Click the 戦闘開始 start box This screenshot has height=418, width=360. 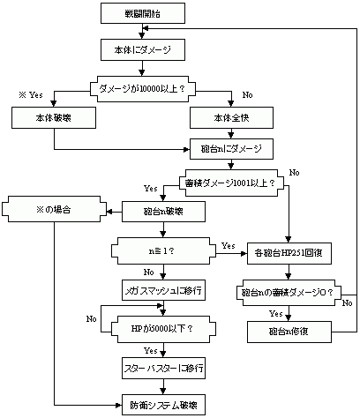[x=143, y=13]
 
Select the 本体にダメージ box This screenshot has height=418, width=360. [x=143, y=49]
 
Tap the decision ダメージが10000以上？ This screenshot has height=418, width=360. [x=143, y=89]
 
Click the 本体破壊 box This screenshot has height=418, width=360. [x=54, y=117]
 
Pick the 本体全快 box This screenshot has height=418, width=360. [x=231, y=117]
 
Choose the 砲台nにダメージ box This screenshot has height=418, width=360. [x=231, y=149]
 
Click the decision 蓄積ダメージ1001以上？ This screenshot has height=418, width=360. [x=231, y=183]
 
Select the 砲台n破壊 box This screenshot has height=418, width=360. [x=163, y=212]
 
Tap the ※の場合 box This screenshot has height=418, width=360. [x=54, y=209]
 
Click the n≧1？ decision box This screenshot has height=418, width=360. [x=163, y=251]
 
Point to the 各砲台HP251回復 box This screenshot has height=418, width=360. [x=289, y=253]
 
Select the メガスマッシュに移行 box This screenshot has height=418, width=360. [x=163, y=290]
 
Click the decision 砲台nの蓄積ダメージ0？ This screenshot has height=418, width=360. [x=289, y=293]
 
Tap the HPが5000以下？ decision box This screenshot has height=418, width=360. [x=163, y=329]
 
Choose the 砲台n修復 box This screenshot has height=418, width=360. [x=289, y=332]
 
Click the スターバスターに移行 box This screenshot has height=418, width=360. [x=163, y=368]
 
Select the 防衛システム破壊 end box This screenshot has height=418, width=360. [x=163, y=405]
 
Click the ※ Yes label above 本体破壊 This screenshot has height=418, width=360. [x=31, y=95]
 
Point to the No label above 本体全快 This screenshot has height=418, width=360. [x=247, y=95]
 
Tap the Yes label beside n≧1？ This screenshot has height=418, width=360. [x=229, y=245]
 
